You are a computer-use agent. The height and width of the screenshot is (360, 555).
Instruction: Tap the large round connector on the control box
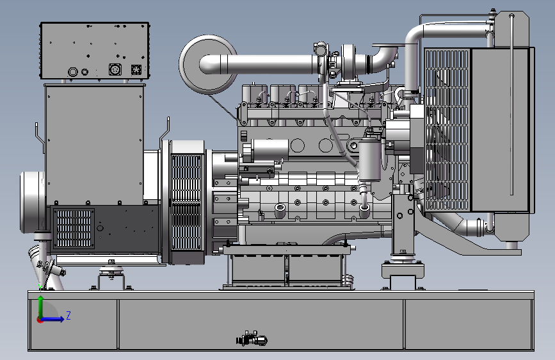(x=115, y=69)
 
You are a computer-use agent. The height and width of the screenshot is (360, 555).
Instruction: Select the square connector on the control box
(x=136, y=69)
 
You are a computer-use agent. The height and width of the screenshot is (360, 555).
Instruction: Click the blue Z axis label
(x=68, y=315)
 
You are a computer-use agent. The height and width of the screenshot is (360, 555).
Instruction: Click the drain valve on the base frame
(x=252, y=339)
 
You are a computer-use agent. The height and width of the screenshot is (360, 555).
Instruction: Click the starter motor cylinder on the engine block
(x=269, y=149)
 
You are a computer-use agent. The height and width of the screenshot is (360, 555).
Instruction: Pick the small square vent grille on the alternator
(x=74, y=228)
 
